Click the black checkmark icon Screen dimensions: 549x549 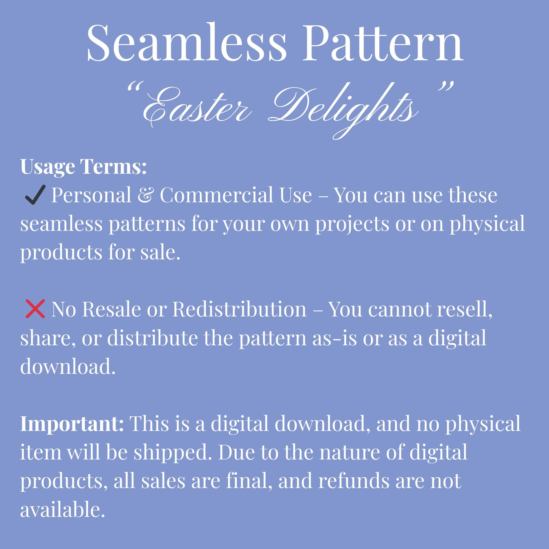(x=35, y=195)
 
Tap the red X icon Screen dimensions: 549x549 (x=35, y=309)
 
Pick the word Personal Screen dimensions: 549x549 (x=91, y=195)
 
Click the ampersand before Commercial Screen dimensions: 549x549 (x=145, y=195)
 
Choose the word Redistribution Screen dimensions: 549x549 (x=240, y=309)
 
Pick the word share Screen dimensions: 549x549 (x=48, y=338)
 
